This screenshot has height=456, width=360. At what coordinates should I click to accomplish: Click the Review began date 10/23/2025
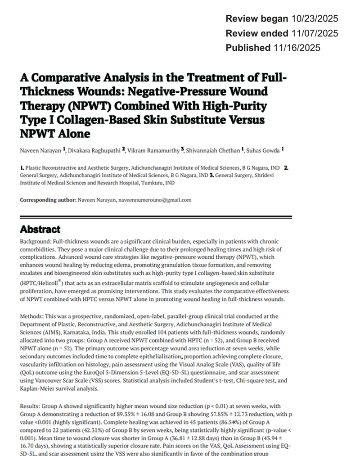point(314,19)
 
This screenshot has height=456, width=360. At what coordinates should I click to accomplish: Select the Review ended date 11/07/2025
point(314,33)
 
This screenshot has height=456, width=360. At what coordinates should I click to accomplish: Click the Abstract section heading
point(40,229)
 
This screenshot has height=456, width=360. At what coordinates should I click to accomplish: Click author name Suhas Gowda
point(265,149)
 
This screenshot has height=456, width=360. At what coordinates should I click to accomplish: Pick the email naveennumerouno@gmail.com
point(155,200)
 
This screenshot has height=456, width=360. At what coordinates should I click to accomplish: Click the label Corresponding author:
point(48,200)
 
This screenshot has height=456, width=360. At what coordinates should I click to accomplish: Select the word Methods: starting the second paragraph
point(32,316)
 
